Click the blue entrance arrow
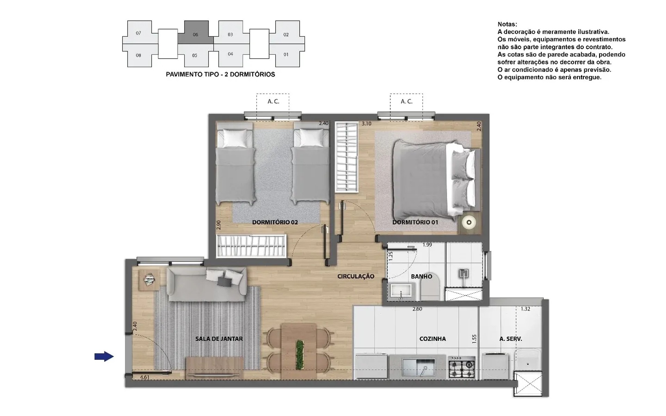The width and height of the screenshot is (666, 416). (104, 356)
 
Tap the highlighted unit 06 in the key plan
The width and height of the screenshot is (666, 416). (196, 32)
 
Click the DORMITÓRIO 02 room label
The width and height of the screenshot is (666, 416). (275, 222)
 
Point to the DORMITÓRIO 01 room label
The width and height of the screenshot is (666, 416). (415, 222)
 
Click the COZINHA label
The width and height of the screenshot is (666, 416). (433, 339)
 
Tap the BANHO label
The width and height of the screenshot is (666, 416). (421, 276)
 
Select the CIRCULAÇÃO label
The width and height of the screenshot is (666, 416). (356, 276)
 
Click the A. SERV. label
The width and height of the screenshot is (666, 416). (511, 339)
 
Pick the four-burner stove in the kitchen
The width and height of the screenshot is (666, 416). (462, 367)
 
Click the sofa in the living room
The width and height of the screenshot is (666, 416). (207, 284)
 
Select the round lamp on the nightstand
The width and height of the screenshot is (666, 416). (469, 222)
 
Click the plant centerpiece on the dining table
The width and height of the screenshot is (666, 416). (299, 354)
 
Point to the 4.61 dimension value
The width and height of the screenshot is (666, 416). (145, 377)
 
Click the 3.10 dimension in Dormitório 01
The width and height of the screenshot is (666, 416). (366, 123)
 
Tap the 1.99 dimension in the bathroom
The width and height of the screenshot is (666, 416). (427, 245)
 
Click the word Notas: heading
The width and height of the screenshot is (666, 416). (507, 24)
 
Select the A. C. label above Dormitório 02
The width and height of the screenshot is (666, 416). (273, 101)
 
